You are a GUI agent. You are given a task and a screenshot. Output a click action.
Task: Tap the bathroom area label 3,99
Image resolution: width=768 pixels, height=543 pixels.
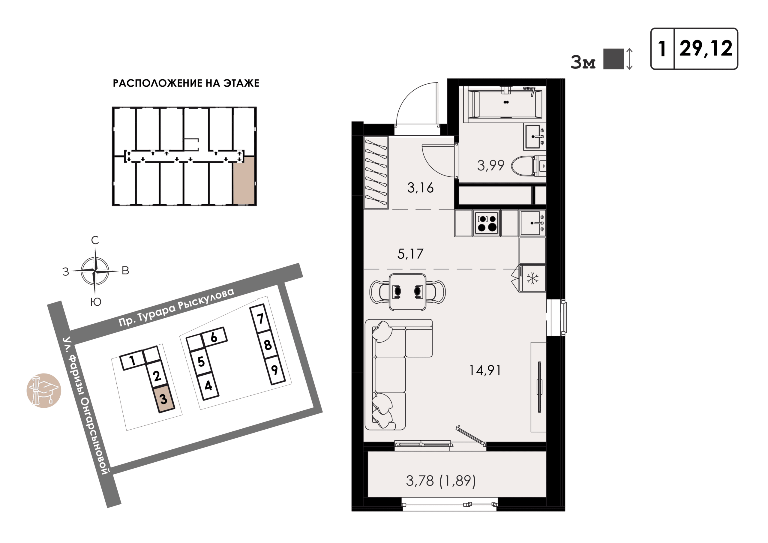(491, 166)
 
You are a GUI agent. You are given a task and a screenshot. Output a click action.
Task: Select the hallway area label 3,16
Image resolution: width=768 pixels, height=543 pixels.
(421, 188)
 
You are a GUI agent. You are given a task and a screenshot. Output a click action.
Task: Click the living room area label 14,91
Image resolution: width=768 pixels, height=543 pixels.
(485, 371)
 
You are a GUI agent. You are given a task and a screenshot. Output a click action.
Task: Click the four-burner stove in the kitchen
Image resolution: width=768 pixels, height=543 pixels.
(487, 223)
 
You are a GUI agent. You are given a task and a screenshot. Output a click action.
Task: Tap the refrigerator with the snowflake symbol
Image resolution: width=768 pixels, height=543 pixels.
(532, 278)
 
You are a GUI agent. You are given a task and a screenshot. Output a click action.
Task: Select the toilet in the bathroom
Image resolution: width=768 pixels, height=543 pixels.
(529, 166)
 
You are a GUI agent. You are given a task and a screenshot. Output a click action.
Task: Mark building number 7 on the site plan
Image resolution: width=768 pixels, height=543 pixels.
(260, 319)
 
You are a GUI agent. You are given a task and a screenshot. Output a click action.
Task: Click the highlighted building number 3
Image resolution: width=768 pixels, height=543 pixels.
(163, 399)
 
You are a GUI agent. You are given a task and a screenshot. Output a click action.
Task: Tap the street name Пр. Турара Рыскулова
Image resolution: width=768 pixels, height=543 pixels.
(176, 307)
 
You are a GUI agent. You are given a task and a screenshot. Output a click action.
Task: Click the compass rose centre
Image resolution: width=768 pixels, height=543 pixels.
(95, 271)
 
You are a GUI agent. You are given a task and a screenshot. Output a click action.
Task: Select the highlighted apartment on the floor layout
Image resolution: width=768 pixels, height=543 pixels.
(244, 180)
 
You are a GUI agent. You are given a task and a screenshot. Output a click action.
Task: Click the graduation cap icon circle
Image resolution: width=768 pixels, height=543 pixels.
(44, 390)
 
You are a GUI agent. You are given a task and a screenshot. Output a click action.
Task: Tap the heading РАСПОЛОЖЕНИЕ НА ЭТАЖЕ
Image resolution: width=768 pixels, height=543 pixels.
(186, 83)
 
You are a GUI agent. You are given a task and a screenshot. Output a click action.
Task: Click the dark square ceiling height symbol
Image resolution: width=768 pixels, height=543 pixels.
(613, 59)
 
